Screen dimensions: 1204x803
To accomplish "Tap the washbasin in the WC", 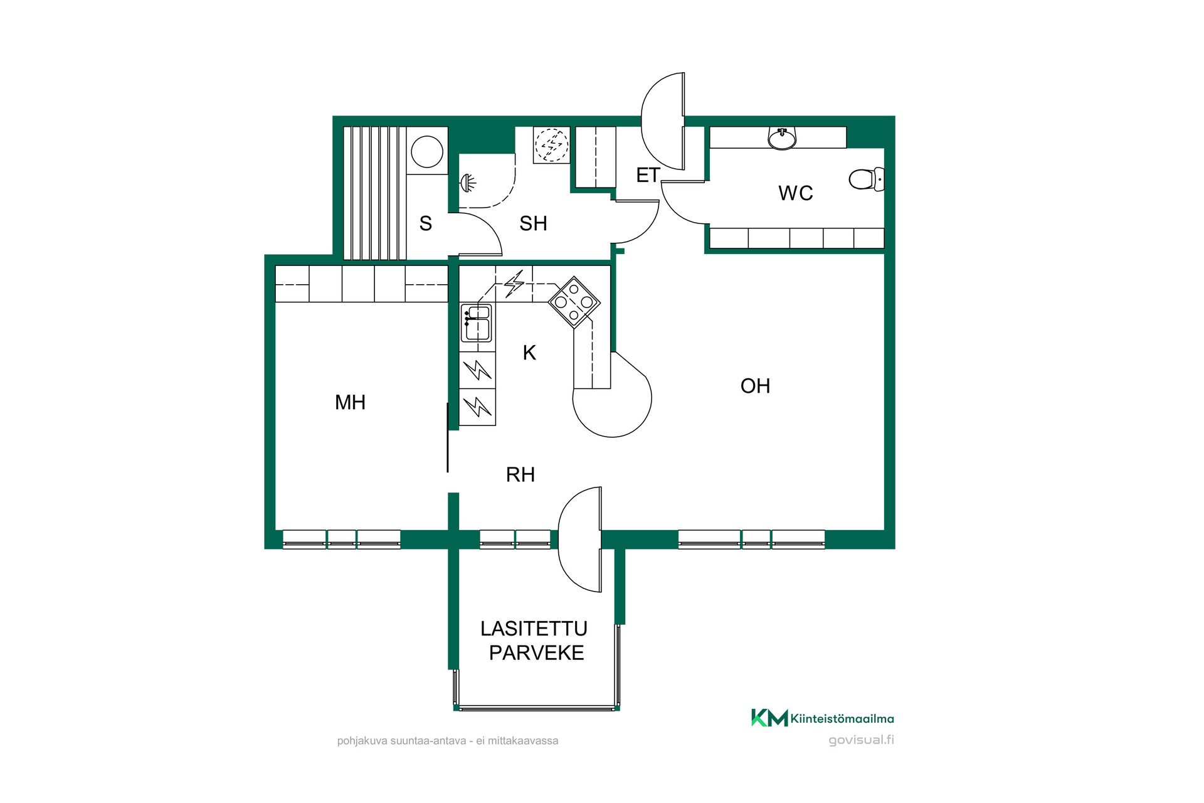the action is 782,139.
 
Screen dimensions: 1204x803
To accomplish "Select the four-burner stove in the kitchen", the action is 574,302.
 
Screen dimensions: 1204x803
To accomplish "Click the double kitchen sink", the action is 477,323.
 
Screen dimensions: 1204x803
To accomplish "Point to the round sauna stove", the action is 427,152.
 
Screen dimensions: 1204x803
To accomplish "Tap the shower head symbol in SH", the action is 468,183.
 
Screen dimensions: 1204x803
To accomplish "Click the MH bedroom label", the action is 350,402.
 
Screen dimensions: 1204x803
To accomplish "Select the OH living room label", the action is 755,386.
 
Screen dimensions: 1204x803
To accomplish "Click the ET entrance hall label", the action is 648,175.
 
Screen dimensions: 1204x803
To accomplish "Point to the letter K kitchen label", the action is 529,353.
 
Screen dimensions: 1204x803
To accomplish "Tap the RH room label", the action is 520,474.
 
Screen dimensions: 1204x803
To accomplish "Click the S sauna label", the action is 426,223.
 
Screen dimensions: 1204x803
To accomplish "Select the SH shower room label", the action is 533,223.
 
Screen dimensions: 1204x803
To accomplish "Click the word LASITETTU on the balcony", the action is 534,629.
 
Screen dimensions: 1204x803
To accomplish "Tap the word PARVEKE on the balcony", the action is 537,653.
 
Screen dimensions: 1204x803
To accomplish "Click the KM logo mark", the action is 769,718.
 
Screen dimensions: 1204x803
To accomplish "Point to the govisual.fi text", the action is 862,740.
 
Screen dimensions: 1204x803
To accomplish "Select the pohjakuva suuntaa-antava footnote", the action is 448,741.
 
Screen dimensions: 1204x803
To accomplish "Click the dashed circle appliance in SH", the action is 551,145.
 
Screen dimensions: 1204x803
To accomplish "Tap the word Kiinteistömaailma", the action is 842,719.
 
